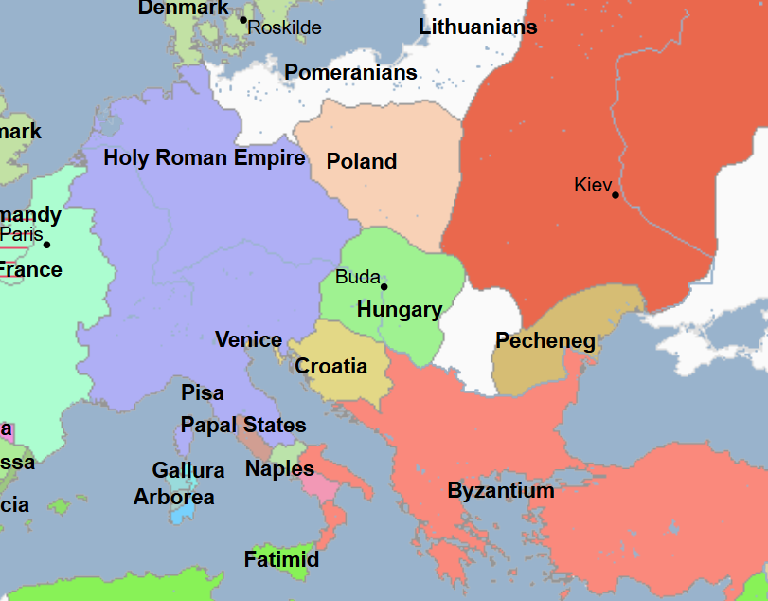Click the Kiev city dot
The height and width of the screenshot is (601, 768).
point(616,195)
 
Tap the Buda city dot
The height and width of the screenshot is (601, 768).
point(384,286)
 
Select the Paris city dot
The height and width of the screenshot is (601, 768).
point(46,245)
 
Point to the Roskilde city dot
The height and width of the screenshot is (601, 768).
point(242,19)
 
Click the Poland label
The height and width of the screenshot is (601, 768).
point(362,161)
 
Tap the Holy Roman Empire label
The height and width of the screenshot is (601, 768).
point(205,157)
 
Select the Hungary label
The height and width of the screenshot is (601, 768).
point(400,309)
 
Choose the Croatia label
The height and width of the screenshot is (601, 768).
point(331,366)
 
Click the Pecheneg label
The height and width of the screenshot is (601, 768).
point(545,341)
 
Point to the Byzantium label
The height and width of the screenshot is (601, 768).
point(501,491)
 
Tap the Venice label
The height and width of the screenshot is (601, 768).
point(248,339)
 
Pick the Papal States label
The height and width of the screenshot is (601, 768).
point(243,425)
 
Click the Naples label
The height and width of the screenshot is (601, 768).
point(279,468)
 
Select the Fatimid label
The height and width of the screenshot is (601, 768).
point(281,559)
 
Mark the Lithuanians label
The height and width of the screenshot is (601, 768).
point(478,27)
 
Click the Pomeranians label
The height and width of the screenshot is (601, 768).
point(350,72)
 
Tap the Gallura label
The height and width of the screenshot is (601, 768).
point(188,470)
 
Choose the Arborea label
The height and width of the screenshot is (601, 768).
point(174,497)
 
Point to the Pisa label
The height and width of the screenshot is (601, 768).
point(203,392)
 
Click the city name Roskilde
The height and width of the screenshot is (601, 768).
point(285,27)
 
